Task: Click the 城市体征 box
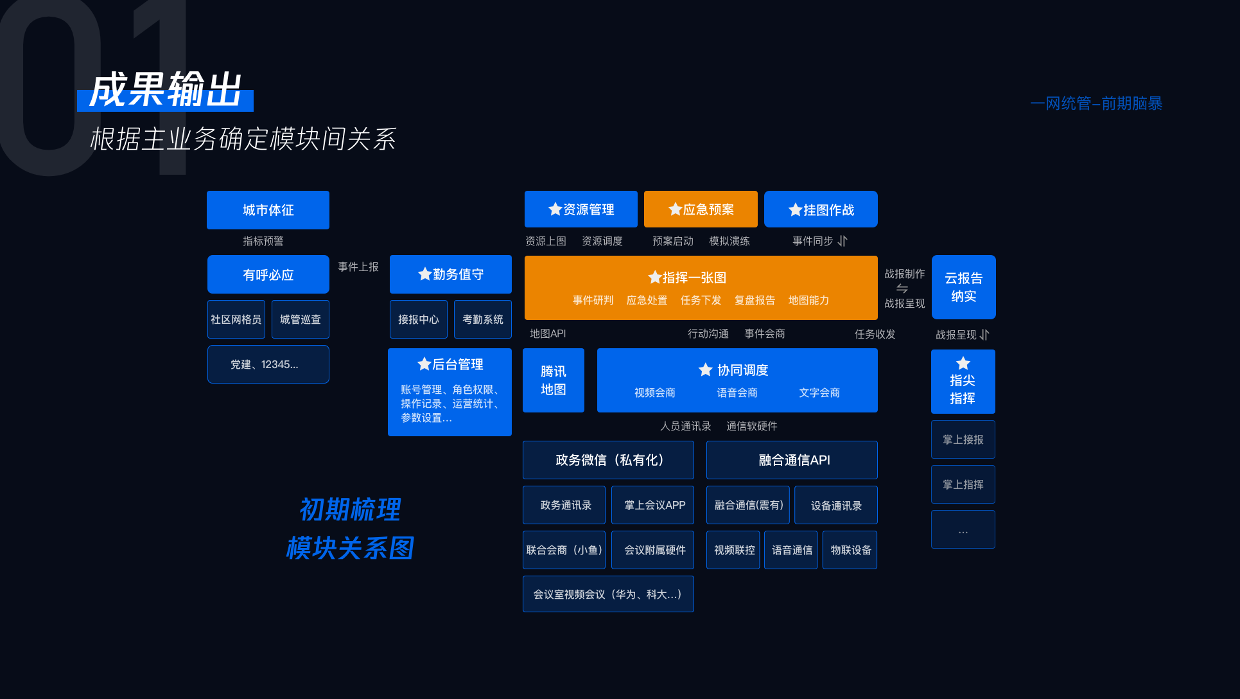click(268, 210)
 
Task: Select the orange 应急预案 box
click(701, 209)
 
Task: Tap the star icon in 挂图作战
click(795, 210)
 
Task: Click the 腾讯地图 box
click(553, 380)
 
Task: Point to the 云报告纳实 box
click(963, 287)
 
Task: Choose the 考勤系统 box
click(482, 319)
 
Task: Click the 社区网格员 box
click(236, 319)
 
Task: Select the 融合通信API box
click(792, 460)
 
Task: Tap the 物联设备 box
click(850, 550)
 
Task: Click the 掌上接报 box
click(963, 439)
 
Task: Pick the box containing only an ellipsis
click(963, 529)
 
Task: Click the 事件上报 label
click(358, 267)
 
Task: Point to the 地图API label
click(548, 333)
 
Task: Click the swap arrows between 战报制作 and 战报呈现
click(902, 288)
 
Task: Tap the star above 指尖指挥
click(963, 363)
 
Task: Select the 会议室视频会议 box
click(607, 594)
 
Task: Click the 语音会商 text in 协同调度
click(737, 393)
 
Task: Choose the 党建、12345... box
click(268, 364)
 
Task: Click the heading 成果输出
click(166, 91)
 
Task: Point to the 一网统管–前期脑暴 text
click(1096, 103)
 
